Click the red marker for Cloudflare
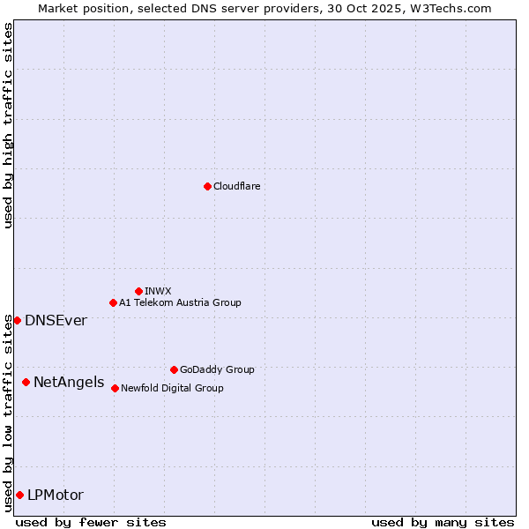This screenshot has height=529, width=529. [207, 186]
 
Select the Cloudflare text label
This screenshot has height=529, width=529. [236, 186]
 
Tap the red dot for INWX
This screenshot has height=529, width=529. [138, 291]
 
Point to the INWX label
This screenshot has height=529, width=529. [158, 291]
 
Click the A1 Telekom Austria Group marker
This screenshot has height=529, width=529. [113, 302]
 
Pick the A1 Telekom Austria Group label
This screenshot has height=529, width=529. [180, 302]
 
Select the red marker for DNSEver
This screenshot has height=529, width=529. [17, 320]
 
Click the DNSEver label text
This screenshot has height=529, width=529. [56, 320]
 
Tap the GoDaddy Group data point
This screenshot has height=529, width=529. [174, 369]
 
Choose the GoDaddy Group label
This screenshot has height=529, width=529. [217, 369]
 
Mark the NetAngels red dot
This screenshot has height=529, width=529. [26, 382]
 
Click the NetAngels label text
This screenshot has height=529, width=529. [69, 382]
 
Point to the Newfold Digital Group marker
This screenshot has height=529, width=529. [115, 388]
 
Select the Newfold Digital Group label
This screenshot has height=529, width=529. [172, 388]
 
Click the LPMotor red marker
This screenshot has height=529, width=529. [19, 495]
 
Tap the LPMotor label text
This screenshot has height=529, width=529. [56, 495]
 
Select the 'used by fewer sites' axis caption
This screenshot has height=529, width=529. [91, 522]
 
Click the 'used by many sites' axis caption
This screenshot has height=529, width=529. [443, 522]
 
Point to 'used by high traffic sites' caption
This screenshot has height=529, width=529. [8, 125]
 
